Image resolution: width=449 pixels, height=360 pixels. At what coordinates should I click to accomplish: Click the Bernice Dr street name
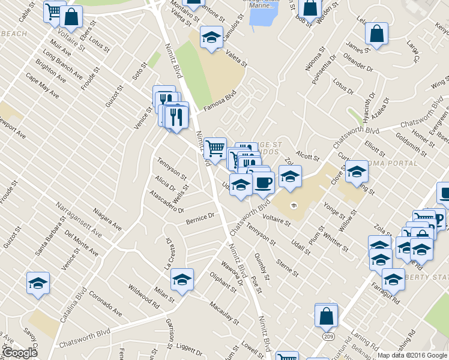pos(200,218)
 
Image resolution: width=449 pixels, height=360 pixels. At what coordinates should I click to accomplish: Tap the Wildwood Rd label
pos(143,295)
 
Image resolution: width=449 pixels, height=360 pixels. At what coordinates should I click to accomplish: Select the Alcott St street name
pos(307,157)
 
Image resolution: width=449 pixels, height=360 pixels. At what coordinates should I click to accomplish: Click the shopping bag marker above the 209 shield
pos(326,315)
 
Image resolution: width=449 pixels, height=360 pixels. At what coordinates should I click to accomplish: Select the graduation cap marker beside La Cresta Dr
pos(182,279)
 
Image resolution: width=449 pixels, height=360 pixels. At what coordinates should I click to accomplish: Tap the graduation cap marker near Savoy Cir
pos(38,283)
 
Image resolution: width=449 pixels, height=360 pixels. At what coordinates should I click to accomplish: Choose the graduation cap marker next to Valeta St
pos(211,38)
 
